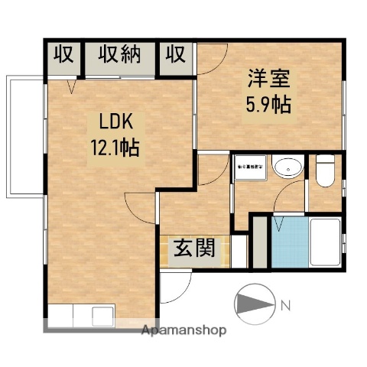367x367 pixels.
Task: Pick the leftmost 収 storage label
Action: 63,56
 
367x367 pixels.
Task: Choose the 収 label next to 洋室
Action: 176,56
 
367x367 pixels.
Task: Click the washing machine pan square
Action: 251,166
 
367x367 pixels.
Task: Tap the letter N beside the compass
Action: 285,307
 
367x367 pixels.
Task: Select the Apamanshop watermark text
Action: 183,330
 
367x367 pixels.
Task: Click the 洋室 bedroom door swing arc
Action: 214,58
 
